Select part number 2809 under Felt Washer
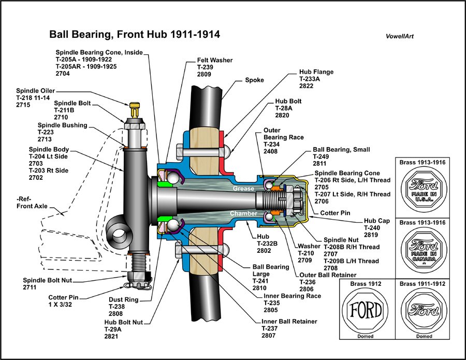205,74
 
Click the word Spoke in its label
254,80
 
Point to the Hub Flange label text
316,73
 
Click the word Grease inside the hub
243,189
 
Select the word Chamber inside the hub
244,213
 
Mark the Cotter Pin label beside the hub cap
335,213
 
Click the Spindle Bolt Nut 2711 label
47,283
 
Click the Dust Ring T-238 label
123,306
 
